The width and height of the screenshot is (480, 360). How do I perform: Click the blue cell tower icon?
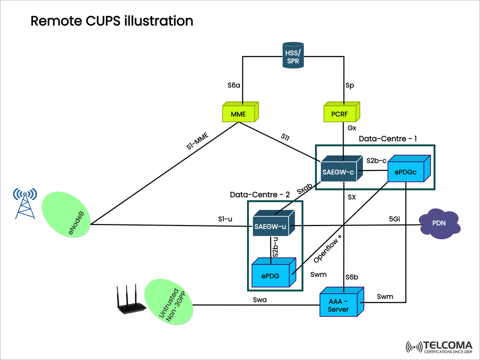(25, 203)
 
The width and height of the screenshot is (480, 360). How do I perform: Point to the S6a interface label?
(234, 85)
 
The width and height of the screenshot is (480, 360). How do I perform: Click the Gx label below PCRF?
(352, 128)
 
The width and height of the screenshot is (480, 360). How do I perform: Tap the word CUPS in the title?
(100, 20)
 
